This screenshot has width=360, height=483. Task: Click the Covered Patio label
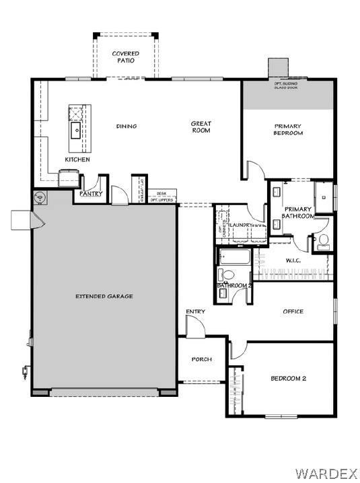click(126, 57)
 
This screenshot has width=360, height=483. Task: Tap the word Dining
click(127, 126)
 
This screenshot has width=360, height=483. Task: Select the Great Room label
click(201, 126)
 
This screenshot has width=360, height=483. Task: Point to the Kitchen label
click(77, 159)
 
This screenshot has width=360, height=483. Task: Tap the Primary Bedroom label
click(288, 129)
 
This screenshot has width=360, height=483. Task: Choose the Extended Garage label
click(104, 296)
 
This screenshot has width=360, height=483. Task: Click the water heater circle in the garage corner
click(40, 198)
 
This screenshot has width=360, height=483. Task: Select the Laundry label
click(241, 225)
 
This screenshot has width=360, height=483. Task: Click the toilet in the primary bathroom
click(322, 239)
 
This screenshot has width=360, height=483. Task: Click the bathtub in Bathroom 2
click(233, 257)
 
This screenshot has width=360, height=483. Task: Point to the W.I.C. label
click(293, 260)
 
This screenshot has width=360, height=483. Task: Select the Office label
click(293, 311)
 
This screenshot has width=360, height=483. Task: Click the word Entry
click(195, 311)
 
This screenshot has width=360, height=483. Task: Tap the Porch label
click(201, 359)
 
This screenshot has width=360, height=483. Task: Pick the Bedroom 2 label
click(288, 379)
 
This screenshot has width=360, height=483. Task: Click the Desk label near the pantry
click(161, 193)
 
